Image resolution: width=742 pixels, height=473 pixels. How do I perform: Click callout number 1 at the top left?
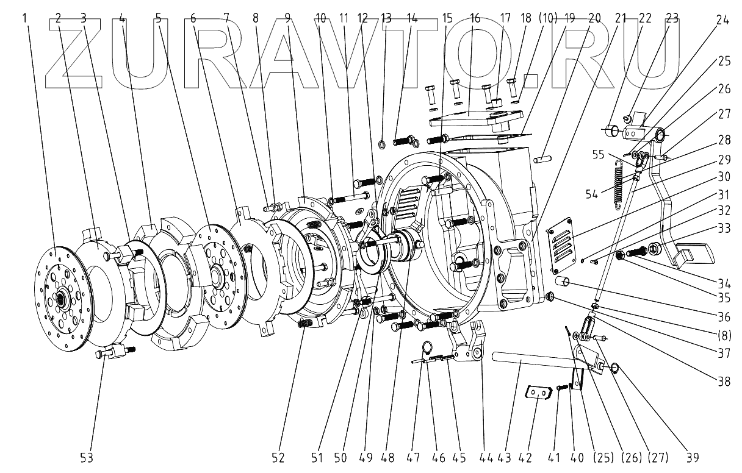point(25,19)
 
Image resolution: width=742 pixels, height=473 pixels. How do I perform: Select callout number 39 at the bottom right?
point(693,457)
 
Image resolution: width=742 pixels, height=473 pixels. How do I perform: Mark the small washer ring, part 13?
point(383,144)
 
